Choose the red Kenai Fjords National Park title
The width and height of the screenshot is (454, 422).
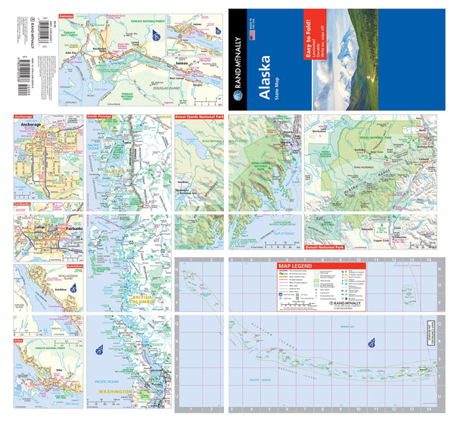point(201,119)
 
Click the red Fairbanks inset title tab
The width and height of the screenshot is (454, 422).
point(23,204)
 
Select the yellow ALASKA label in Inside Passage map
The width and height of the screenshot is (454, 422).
point(116,172)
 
